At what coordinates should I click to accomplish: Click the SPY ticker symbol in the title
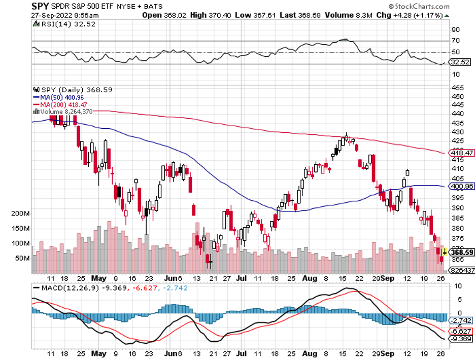[41, 7]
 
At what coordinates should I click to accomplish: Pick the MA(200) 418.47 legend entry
[59, 104]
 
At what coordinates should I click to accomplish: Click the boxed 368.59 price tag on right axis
[462, 252]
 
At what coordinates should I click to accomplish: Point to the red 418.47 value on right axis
[462, 153]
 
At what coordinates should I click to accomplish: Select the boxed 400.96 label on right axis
[462, 186]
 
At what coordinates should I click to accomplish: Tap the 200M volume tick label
[20, 213]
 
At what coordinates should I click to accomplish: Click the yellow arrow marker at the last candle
[444, 251]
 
